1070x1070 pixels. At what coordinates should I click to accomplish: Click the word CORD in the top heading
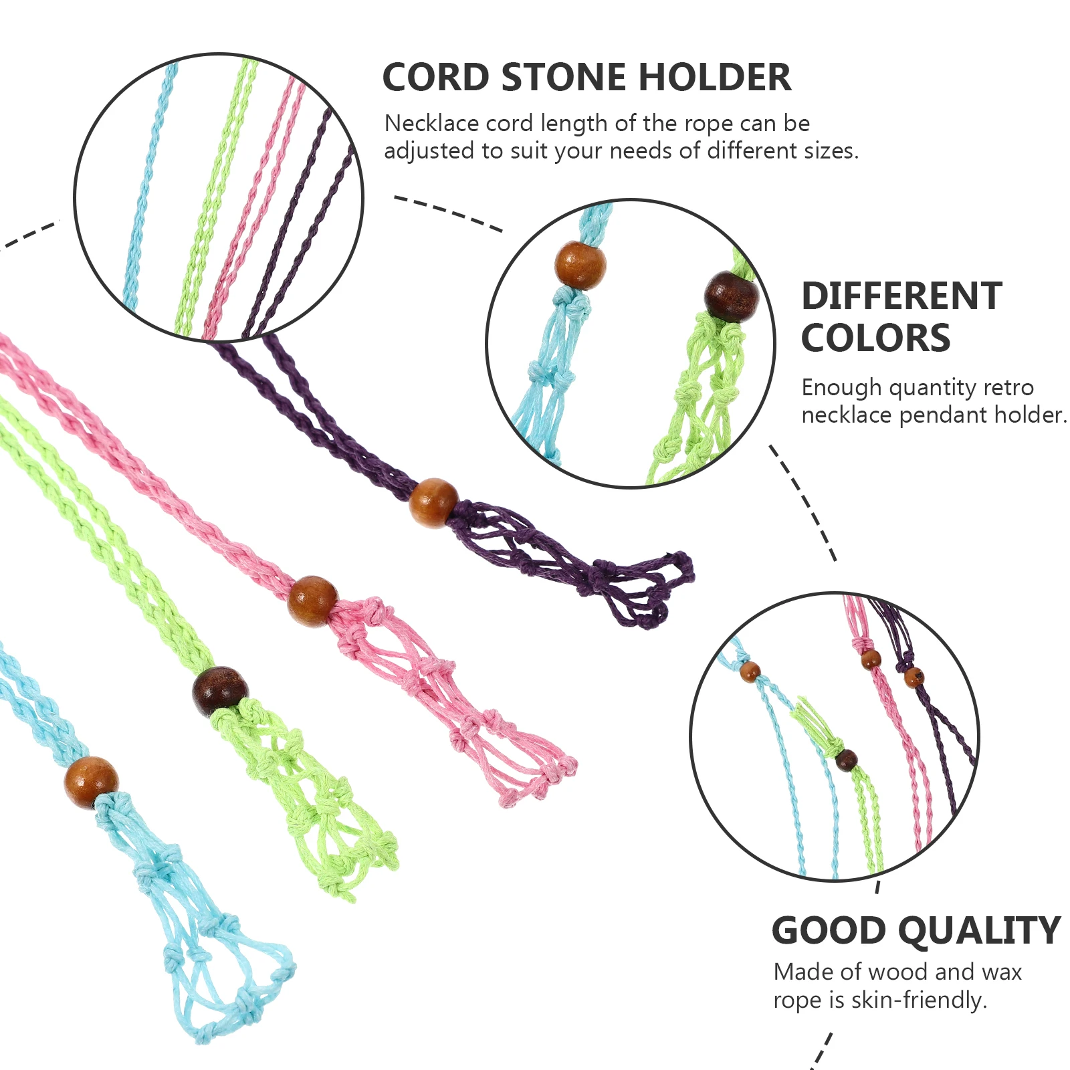(436, 78)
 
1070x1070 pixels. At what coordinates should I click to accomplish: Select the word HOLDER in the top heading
(715, 78)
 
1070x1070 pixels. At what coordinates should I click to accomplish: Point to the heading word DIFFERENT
(901, 296)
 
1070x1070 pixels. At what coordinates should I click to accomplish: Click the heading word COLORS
(875, 338)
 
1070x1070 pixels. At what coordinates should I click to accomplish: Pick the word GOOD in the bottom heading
(829, 931)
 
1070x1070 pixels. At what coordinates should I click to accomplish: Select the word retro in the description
(1009, 387)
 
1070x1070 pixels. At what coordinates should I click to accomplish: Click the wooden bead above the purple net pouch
(433, 503)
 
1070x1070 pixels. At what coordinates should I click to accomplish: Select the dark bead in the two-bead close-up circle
(732, 297)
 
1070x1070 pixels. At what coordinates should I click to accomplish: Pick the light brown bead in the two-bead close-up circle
(580, 265)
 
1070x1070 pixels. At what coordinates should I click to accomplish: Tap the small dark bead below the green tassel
(846, 760)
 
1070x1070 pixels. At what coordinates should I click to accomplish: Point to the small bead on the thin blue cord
(750, 671)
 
